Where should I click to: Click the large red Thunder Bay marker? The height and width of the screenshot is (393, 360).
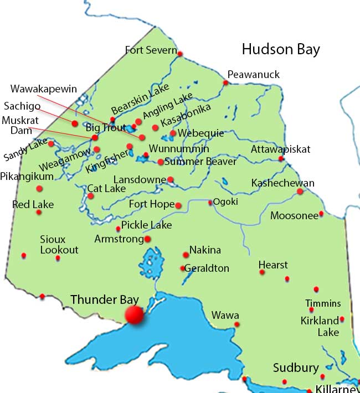tap(133, 314)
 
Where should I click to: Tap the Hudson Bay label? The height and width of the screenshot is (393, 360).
tap(281, 49)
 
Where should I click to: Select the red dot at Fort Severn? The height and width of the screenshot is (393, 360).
tap(180, 54)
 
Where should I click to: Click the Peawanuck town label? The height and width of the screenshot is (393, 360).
tap(254, 75)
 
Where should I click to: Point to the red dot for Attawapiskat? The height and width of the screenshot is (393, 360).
tap(281, 159)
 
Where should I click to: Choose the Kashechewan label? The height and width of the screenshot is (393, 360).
tap(282, 183)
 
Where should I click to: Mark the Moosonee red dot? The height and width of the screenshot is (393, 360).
tap(321, 214)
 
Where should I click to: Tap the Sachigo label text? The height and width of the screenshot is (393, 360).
tap(22, 106)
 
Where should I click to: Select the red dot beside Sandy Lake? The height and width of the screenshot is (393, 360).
tap(51, 144)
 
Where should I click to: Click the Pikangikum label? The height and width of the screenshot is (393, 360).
tap(27, 177)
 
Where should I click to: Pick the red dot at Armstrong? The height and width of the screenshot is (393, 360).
tap(148, 239)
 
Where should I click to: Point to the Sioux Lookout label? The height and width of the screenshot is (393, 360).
tap(59, 245)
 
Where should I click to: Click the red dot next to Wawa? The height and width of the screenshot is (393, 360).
tap(236, 324)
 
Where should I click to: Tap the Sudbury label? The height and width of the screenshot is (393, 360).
tap(296, 368)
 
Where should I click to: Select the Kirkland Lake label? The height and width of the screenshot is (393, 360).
tap(320, 327)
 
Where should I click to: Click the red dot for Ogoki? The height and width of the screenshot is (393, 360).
tap(210, 203)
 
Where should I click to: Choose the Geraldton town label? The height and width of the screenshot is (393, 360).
tap(207, 268)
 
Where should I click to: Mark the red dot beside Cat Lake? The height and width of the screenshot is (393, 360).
tap(91, 195)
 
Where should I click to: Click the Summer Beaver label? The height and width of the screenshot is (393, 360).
tap(200, 162)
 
